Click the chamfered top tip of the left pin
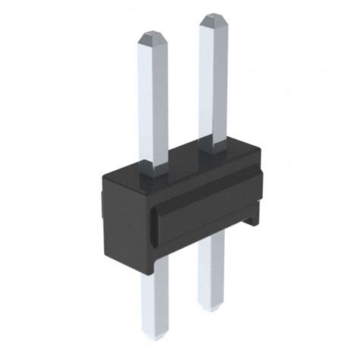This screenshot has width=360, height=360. point(150,35)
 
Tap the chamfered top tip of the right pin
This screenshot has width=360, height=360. point(213,18)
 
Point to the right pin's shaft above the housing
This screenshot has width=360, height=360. point(212,84)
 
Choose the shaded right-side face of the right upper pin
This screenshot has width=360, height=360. point(223,84)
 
